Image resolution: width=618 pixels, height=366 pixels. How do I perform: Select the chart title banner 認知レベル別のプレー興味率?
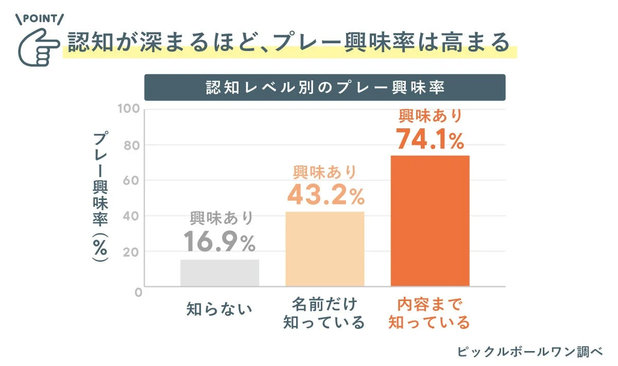click(x=324, y=87)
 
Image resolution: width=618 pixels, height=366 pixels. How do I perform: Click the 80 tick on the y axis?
click(x=132, y=145)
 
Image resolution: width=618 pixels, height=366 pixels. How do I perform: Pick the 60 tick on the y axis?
click(x=132, y=181)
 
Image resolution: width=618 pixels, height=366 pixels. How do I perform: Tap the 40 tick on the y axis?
click(x=132, y=216)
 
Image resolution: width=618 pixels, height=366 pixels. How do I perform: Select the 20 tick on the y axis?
click(x=132, y=252)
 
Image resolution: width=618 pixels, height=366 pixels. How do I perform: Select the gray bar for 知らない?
click(x=219, y=273)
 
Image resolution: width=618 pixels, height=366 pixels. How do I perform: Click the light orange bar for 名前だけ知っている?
click(x=324, y=249)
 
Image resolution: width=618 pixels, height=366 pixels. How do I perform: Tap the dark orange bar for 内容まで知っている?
click(x=430, y=221)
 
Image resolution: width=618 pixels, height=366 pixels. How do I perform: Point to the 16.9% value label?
click(x=219, y=242)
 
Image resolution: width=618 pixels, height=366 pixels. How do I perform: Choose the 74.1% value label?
click(x=430, y=139)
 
